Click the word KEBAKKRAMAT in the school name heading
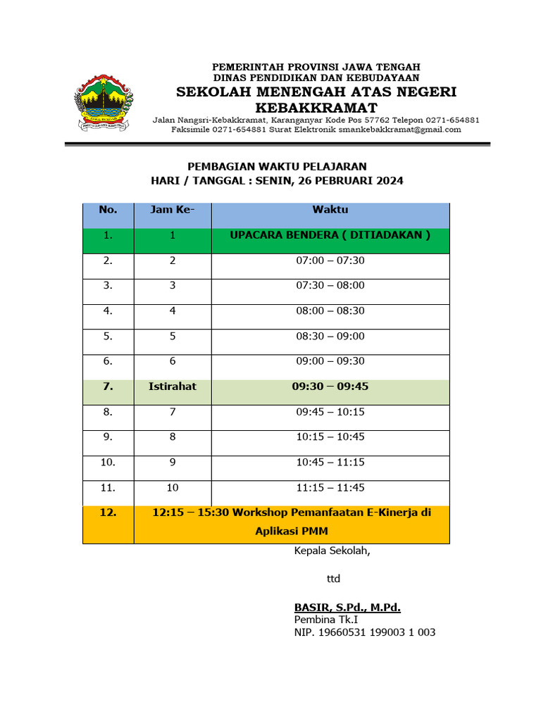pos(316,108)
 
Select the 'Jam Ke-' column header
pos(173,210)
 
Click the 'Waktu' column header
pos(330,210)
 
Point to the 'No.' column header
pos(108,210)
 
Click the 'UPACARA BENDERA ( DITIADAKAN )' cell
pos(330,235)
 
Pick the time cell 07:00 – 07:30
pos(330,261)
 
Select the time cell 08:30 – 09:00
pos(330,336)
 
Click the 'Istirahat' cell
pos(173,387)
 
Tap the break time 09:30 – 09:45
pos(330,387)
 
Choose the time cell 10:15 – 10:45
pos(330,437)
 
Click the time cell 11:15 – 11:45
pos(330,487)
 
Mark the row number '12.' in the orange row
pos(108,513)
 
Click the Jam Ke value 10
pos(173,487)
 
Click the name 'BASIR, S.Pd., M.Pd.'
pos(347,607)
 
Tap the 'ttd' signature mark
pos(333,579)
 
